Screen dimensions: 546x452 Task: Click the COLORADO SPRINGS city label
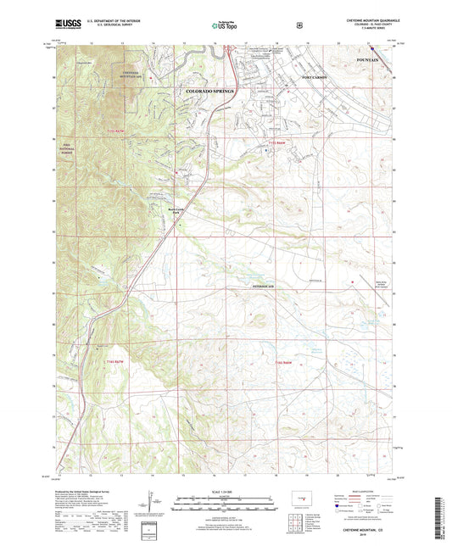206,89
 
